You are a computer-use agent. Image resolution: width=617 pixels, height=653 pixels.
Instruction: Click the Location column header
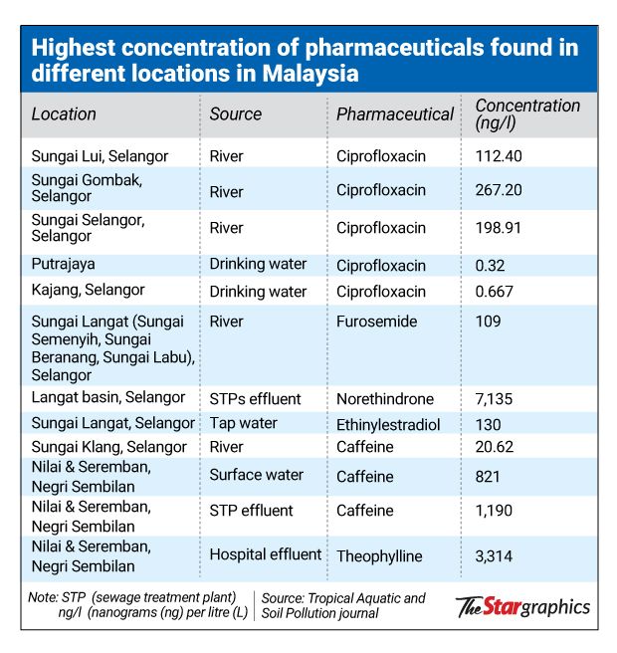tap(64, 114)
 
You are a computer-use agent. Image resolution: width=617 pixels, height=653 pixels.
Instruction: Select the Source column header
tap(236, 114)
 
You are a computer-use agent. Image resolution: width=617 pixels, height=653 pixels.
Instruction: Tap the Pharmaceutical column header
tap(394, 114)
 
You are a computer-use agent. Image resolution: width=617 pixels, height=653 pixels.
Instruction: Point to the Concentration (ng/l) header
tap(527, 113)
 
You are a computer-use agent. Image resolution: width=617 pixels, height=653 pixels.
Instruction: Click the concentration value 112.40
tap(499, 156)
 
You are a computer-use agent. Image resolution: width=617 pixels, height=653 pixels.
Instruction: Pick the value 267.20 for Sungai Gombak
tap(499, 189)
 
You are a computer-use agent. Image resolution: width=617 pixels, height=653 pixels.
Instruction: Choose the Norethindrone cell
tap(384, 399)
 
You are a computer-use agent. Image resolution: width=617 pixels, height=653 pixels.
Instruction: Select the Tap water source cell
tap(243, 423)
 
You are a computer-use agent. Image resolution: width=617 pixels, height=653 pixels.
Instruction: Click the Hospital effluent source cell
tap(265, 554)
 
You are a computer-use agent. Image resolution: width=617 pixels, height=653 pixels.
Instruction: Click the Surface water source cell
tap(256, 475)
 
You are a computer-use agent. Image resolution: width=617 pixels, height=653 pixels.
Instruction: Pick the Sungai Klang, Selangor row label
tap(105, 448)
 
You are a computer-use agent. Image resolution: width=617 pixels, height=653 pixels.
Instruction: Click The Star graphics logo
tap(522, 606)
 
